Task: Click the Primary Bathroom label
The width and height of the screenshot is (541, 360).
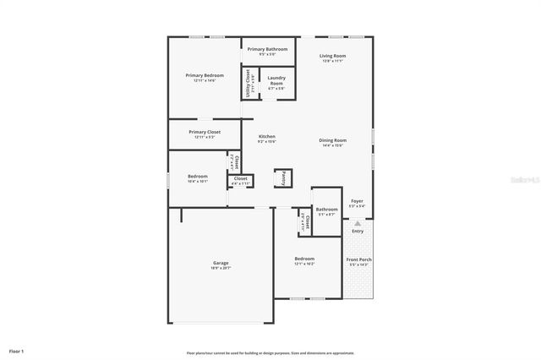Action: [267, 49]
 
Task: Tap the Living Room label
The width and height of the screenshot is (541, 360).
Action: [332, 56]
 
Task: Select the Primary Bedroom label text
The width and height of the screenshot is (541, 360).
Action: [204, 75]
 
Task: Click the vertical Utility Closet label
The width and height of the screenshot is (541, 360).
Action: [248, 84]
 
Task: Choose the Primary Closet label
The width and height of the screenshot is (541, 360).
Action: [204, 132]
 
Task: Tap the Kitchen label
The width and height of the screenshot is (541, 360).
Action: [266, 137]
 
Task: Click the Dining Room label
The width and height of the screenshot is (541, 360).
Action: [332, 140]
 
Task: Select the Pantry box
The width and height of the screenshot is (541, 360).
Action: [283, 178]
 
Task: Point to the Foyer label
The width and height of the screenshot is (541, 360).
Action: [357, 201]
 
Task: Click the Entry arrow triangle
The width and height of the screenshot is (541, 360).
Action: [358, 223]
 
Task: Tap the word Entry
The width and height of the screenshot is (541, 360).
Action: [358, 231]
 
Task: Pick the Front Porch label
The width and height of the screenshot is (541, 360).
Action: [358, 259]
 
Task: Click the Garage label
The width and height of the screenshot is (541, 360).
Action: [220, 263]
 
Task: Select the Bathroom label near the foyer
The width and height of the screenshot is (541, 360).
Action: [326, 210]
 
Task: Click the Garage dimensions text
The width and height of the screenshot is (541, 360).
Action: [220, 268]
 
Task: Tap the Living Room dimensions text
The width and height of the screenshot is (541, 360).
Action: [332, 61]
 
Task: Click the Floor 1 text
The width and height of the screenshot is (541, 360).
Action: [17, 350]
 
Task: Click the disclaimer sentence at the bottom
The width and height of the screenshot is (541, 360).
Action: [270, 352]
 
